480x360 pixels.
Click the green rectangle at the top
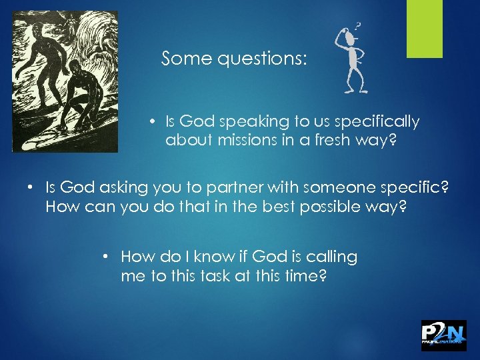[425, 29]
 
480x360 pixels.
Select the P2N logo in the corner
[443, 335]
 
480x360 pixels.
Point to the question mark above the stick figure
[359, 27]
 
